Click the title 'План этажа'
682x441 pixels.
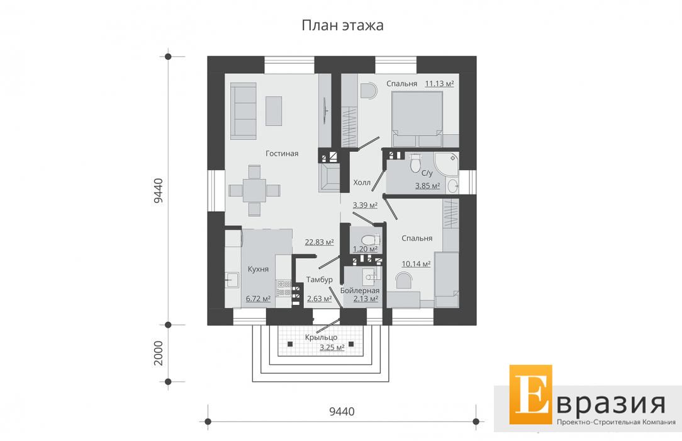tap(343, 25)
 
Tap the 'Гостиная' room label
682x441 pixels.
tap(282, 153)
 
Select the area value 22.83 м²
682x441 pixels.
tap(319, 242)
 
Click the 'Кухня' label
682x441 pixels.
tap(258, 269)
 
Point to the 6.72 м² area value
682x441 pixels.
tap(259, 299)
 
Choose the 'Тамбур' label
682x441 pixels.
tap(319, 280)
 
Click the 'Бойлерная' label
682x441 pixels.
tap(360, 290)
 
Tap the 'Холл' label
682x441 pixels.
tap(362, 183)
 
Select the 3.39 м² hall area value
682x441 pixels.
tap(365, 205)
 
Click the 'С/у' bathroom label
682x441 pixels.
tap(427, 173)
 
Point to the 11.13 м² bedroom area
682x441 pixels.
tap(439, 84)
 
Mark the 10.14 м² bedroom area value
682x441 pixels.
tap(416, 264)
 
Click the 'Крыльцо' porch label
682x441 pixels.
tap(321, 338)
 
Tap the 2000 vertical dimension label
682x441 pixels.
tap(159, 353)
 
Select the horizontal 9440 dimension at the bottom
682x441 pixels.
tap(342, 411)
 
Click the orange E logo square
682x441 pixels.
tap(530, 394)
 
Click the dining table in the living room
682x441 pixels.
tap(254, 191)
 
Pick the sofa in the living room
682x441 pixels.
tap(243, 111)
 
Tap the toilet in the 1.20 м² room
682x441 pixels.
tap(370, 240)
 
